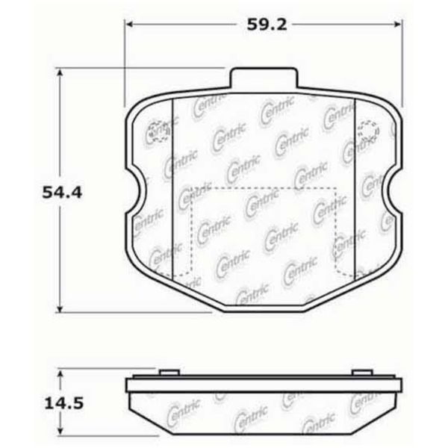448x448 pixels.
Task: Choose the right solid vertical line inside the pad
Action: point(352,187)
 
